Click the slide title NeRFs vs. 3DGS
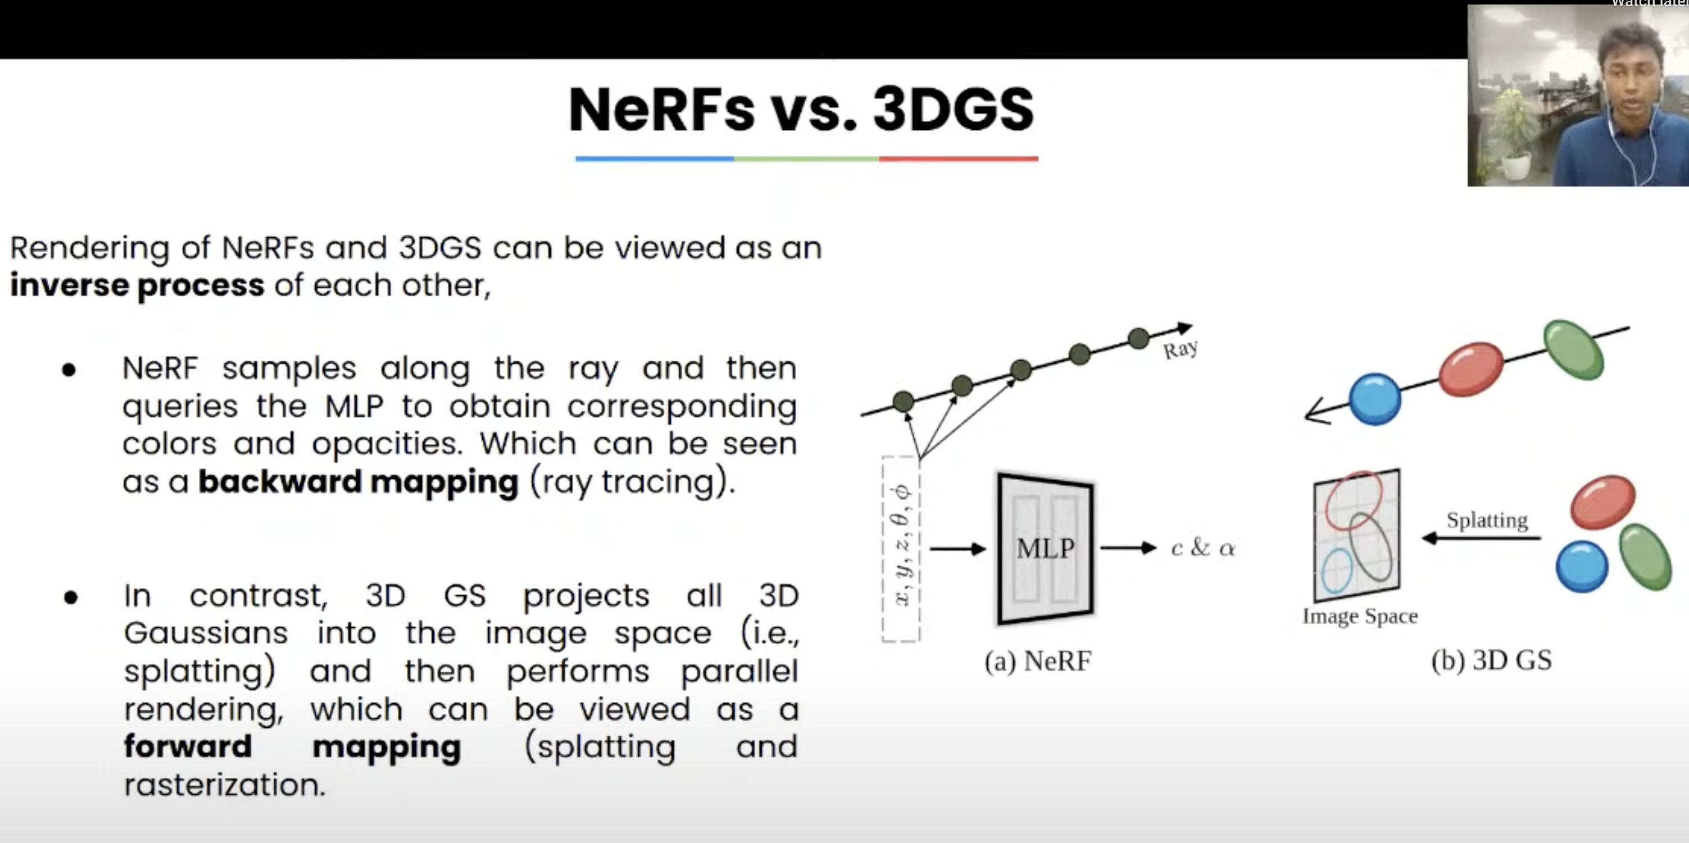click(x=801, y=110)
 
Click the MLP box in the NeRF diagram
click(x=1045, y=548)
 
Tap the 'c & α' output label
click(x=1203, y=548)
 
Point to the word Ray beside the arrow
click(x=1180, y=349)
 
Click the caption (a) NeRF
click(x=1038, y=660)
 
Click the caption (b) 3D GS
click(x=1492, y=660)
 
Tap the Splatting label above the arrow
click(x=1487, y=520)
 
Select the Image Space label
click(x=1360, y=616)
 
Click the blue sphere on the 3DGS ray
click(x=1375, y=399)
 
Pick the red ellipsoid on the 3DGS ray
click(x=1470, y=369)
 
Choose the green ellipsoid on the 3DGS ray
click(x=1574, y=350)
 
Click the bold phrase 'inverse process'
click(x=137, y=285)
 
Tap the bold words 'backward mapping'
click(x=358, y=482)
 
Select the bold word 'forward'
click(x=188, y=746)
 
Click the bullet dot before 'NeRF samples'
click(x=69, y=370)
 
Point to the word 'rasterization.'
click(x=225, y=785)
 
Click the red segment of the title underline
click(x=958, y=158)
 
